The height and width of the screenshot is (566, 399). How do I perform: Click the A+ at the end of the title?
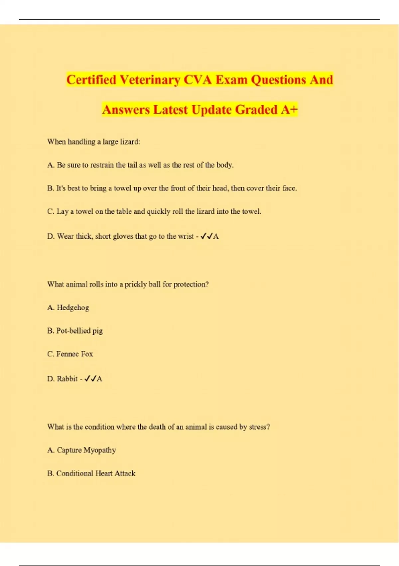(x=289, y=110)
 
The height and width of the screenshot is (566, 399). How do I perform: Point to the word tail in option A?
(x=132, y=165)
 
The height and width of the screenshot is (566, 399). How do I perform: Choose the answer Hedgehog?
(x=73, y=308)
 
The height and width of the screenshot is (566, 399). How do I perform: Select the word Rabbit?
(x=67, y=379)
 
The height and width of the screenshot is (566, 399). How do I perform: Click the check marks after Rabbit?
(x=90, y=379)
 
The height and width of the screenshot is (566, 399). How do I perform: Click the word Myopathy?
(x=100, y=450)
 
